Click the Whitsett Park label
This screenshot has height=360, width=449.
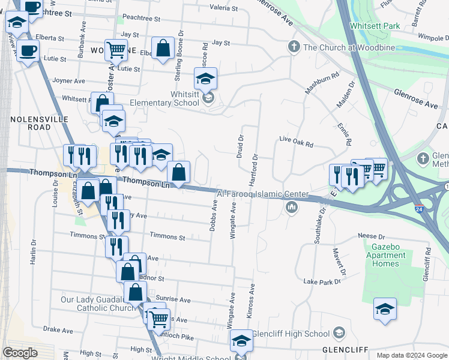(375, 26)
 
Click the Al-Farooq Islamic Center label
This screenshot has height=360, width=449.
(262, 194)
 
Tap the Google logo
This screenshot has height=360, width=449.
(20, 353)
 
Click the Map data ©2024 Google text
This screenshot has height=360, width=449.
(411, 355)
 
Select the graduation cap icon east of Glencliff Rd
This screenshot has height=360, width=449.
(385, 310)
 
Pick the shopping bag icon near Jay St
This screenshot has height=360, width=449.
(163, 48)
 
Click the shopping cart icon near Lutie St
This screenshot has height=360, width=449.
(115, 50)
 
